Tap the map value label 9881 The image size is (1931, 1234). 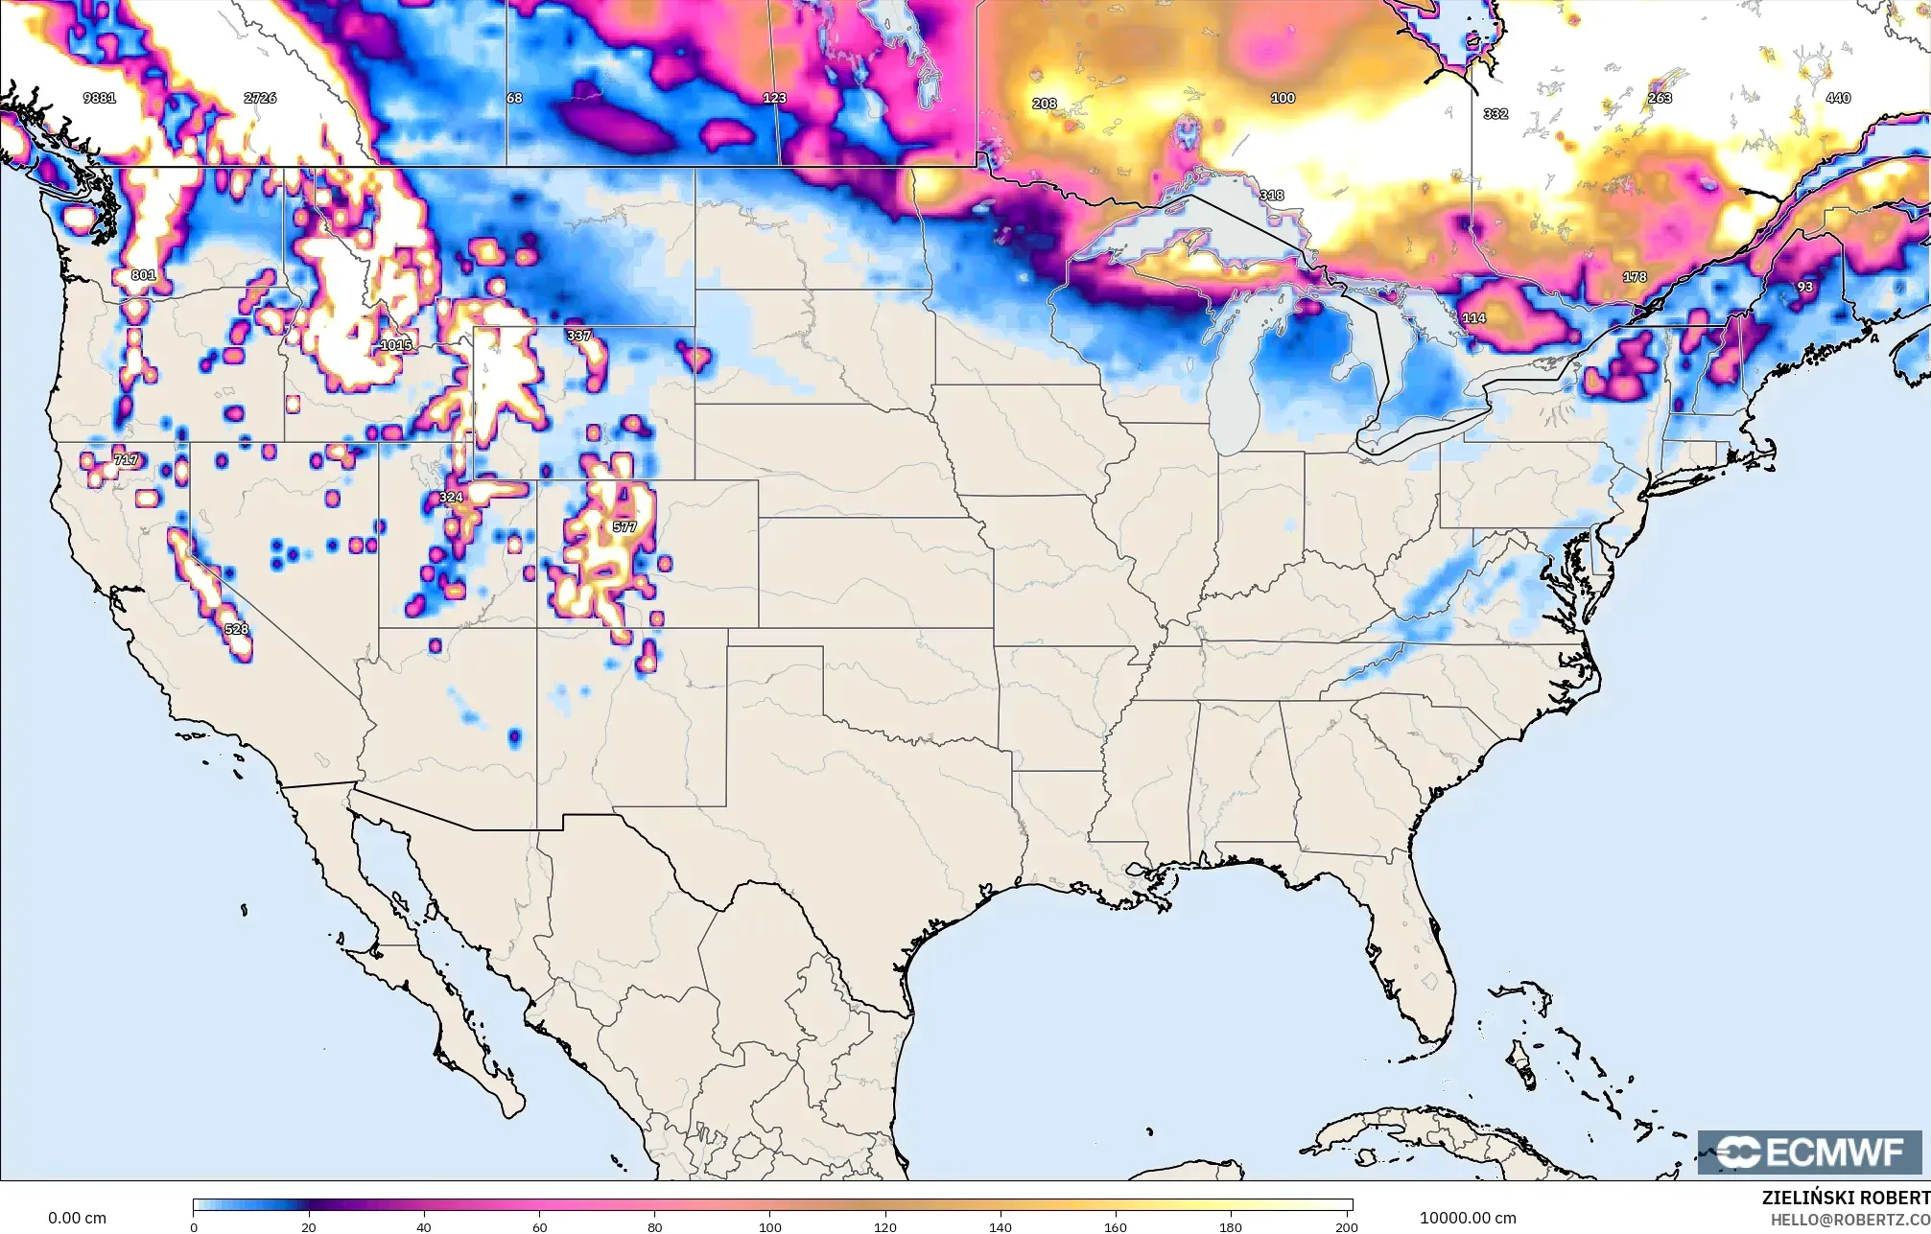(x=100, y=98)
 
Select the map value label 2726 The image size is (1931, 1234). (x=260, y=98)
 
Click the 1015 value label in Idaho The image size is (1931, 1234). (x=396, y=345)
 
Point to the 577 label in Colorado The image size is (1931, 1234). (x=624, y=526)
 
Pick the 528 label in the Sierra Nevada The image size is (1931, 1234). (x=236, y=629)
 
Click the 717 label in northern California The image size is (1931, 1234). (x=126, y=460)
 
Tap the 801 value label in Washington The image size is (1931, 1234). (x=143, y=275)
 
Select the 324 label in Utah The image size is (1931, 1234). (x=451, y=497)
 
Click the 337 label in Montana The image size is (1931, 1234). (x=579, y=336)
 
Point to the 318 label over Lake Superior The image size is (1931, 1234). (x=1271, y=195)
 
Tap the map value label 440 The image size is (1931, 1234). (x=1838, y=98)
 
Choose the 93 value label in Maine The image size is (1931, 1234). (x=1805, y=287)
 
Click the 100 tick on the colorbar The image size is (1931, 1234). (x=770, y=1226)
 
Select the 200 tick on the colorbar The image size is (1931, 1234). (x=1346, y=1226)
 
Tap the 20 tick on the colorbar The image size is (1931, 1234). (x=309, y=1226)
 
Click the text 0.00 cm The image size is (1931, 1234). (x=78, y=1218)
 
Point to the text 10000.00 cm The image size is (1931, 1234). (x=1468, y=1218)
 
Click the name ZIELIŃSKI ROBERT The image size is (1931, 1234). (x=1846, y=1199)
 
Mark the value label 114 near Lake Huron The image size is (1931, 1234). (x=1473, y=317)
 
